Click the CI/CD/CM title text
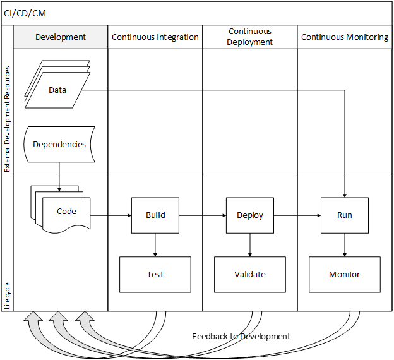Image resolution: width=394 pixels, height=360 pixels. coord(25,13)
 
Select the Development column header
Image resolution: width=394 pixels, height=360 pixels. coord(61,37)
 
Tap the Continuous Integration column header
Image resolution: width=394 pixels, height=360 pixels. coord(155,37)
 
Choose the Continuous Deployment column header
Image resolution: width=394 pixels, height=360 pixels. coord(250,37)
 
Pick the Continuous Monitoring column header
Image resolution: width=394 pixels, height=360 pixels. coord(345,37)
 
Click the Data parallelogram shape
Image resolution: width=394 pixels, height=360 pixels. coord(57,90)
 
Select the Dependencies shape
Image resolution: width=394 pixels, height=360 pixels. coord(59,145)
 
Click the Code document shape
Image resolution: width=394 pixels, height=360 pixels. coord(66,212)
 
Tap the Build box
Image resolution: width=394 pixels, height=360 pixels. coord(155,215)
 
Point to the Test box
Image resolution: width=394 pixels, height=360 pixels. coord(155,275)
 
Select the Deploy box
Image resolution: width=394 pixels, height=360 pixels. coord(250,215)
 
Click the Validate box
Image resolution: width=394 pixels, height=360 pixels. coord(250,275)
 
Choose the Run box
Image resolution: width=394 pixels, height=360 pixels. coord(345,215)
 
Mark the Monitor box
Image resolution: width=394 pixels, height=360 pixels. coord(345,275)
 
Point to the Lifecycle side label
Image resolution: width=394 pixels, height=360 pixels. coord(7,296)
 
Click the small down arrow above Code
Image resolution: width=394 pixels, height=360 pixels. coord(59,188)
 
